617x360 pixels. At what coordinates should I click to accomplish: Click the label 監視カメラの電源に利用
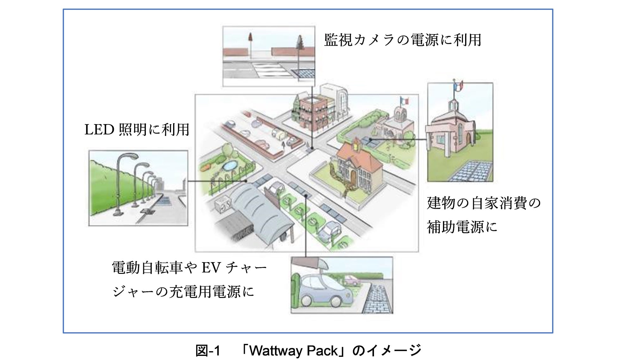pyautogui.click(x=402, y=40)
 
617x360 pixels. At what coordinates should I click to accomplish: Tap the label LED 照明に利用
pyautogui.click(x=137, y=130)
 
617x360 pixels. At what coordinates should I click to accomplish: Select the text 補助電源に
pyautogui.click(x=462, y=227)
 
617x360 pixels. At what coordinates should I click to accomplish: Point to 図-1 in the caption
pyautogui.click(x=208, y=351)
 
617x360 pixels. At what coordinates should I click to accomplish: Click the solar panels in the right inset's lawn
pyautogui.click(x=471, y=171)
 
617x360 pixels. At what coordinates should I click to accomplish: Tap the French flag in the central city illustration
pyautogui.click(x=404, y=101)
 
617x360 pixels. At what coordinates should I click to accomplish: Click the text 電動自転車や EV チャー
pyautogui.click(x=189, y=268)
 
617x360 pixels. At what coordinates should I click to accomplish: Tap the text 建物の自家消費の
pyautogui.click(x=484, y=203)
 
